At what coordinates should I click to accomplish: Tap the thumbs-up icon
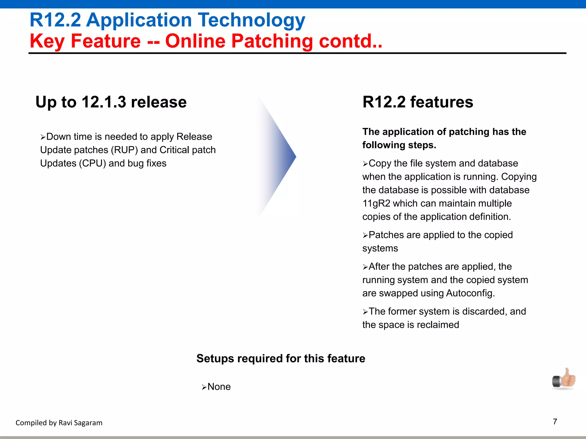(x=564, y=379)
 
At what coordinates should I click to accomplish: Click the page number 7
(x=555, y=422)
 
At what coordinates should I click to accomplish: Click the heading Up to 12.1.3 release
(x=111, y=102)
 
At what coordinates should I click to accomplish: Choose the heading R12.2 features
(x=418, y=102)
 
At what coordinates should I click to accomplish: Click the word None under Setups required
(x=219, y=387)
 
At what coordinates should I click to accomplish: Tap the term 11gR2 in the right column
(x=376, y=203)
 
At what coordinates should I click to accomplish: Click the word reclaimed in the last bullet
(x=438, y=325)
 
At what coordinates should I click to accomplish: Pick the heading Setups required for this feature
(x=281, y=359)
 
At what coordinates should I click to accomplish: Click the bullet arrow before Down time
(x=43, y=137)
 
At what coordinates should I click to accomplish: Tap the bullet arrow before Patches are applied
(x=365, y=236)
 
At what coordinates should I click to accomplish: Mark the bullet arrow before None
(x=204, y=388)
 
